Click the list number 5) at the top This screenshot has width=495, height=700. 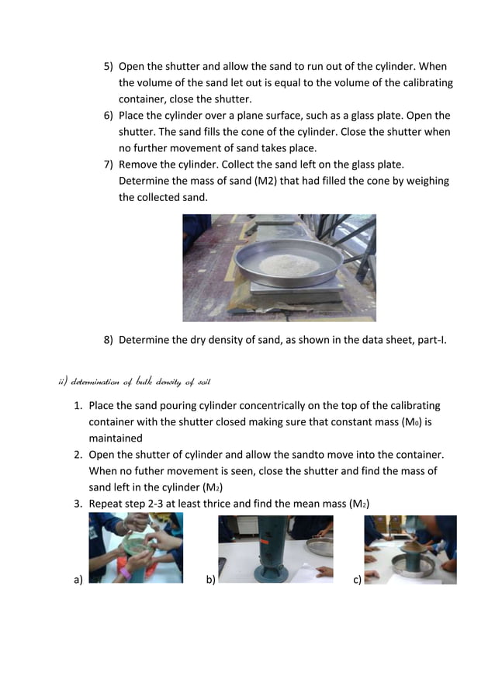[x=109, y=67]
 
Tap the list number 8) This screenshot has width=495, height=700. [x=109, y=340]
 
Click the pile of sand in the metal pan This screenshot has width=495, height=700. [x=288, y=265]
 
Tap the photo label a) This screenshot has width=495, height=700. [x=78, y=579]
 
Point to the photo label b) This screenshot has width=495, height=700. [x=210, y=579]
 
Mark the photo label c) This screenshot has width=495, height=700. [x=357, y=579]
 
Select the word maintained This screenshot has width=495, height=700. [x=117, y=438]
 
